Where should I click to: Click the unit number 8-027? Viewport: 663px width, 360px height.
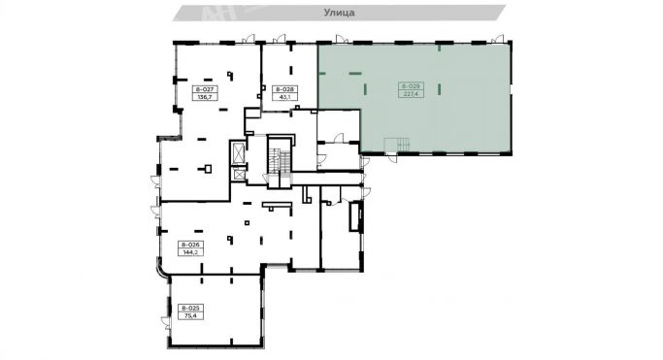coord(182,89)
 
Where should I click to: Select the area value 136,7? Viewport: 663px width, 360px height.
coord(182,97)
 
